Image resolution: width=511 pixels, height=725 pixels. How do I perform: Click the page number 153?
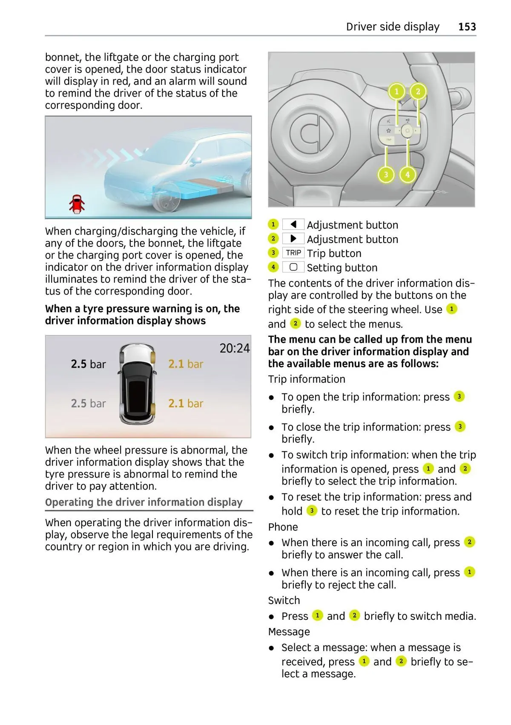click(467, 27)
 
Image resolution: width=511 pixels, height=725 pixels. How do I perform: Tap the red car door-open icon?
click(77, 204)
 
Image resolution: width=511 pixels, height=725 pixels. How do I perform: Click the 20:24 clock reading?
click(235, 348)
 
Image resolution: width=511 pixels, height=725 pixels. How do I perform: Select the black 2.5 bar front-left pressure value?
click(88, 364)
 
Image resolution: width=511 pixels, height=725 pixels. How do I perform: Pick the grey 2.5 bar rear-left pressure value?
click(88, 403)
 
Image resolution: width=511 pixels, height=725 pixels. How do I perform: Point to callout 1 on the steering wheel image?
click(396, 92)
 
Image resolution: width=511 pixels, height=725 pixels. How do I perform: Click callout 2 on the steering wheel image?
click(418, 92)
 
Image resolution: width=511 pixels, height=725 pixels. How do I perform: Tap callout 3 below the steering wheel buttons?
click(386, 174)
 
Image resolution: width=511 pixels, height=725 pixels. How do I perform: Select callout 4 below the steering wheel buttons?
click(408, 174)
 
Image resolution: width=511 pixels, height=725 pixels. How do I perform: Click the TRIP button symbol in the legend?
click(293, 253)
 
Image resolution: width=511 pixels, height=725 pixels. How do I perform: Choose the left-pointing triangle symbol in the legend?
click(293, 224)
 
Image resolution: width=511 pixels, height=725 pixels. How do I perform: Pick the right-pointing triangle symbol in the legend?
click(293, 239)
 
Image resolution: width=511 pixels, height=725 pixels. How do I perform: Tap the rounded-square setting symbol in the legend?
click(293, 267)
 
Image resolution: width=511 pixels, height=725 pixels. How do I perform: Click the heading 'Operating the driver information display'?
click(144, 502)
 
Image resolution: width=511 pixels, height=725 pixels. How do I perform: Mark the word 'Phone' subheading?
click(283, 527)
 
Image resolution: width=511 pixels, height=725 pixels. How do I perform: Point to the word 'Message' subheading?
click(289, 632)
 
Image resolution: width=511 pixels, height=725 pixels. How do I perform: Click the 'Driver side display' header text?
click(393, 27)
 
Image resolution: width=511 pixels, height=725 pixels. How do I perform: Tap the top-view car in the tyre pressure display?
click(137, 384)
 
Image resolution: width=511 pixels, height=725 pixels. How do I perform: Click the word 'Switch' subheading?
click(284, 600)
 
